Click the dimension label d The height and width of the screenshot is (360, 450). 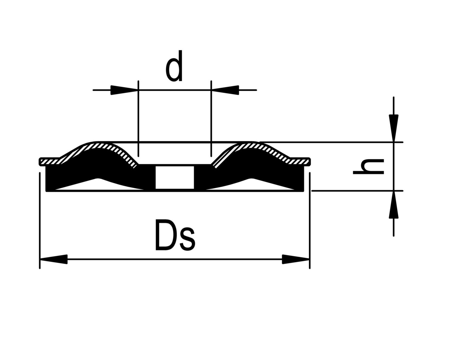point(174,67)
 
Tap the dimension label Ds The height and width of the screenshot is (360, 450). point(175,235)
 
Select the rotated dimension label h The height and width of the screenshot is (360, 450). point(368,167)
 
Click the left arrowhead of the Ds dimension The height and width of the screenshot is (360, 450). point(53,259)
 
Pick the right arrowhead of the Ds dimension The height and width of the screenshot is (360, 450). point(296,259)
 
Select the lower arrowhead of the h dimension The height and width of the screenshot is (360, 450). point(394,205)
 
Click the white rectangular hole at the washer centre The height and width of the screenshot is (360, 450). point(175,177)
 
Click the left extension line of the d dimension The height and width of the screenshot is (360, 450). point(138,117)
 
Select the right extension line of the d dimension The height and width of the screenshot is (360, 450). point(211,117)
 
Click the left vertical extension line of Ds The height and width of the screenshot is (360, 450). point(40,220)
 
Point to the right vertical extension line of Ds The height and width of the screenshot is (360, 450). point(310,220)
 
